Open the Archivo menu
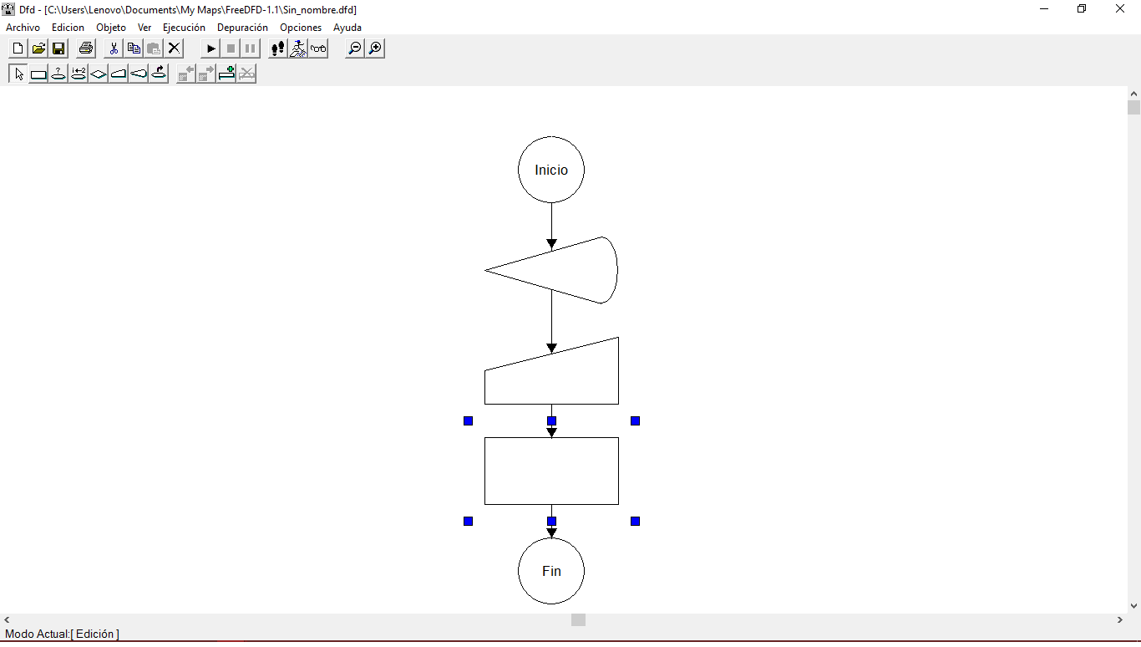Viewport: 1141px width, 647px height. pyautogui.click(x=23, y=28)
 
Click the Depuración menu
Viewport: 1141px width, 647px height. pyautogui.click(x=242, y=28)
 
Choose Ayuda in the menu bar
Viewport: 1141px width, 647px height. pyautogui.click(x=347, y=28)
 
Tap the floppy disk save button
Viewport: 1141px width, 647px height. pyautogui.click(x=58, y=48)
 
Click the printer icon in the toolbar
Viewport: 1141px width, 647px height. pyautogui.click(x=86, y=48)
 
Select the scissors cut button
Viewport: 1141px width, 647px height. pyautogui.click(x=114, y=48)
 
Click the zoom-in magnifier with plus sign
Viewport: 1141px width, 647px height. pyautogui.click(x=375, y=48)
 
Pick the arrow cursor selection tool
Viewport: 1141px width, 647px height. pyautogui.click(x=19, y=74)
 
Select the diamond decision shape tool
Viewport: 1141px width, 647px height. pyautogui.click(x=99, y=74)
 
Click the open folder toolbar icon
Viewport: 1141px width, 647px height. pyautogui.click(x=38, y=48)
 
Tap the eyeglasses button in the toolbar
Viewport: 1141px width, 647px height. pyautogui.click(x=318, y=48)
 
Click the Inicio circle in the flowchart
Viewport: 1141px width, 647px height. pyautogui.click(x=551, y=170)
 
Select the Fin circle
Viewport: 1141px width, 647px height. pyautogui.click(x=551, y=571)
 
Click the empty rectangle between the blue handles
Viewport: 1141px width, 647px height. pyautogui.click(x=551, y=471)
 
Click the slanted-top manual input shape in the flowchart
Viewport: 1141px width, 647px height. pyautogui.click(x=551, y=377)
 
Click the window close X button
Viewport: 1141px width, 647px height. pyautogui.click(x=1119, y=8)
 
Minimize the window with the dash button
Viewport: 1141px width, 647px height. pyautogui.click(x=1044, y=8)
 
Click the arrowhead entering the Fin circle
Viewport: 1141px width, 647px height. pyautogui.click(x=551, y=532)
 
